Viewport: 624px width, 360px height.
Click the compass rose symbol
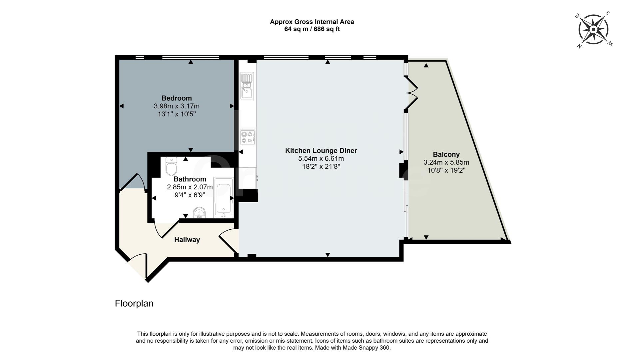(593, 30)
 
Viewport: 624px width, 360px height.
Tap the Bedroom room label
(177, 98)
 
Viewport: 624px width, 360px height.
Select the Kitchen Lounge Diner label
(321, 151)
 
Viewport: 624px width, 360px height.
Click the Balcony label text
(446, 155)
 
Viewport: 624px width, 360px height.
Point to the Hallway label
(187, 240)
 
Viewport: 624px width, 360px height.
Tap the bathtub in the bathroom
(223, 197)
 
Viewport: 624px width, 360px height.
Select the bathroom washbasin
(200, 213)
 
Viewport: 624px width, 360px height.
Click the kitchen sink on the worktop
(247, 86)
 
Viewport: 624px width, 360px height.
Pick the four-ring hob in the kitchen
(248, 137)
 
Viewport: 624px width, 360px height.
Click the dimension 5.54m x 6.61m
(321, 159)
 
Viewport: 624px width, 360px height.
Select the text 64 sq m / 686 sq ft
(312, 29)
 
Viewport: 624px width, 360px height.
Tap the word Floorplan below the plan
(134, 303)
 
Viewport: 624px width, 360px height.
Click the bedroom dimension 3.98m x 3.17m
(177, 106)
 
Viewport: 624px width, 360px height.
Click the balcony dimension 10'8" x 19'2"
(446, 170)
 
